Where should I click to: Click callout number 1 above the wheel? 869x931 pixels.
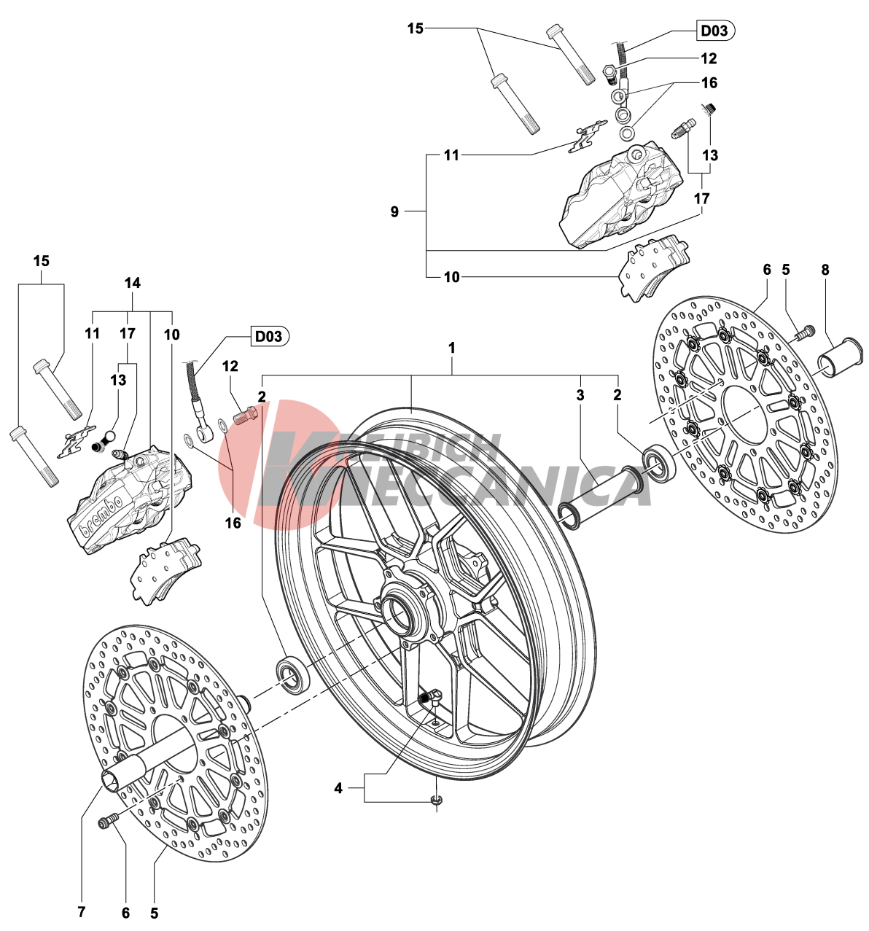452,348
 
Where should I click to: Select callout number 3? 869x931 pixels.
580,396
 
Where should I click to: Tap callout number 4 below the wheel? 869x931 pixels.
338,788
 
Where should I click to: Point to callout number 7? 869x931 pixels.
81,912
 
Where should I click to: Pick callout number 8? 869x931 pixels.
825,270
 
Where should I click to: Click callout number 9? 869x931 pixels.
394,211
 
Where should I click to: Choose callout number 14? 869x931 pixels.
132,283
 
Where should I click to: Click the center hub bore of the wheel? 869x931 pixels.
402,607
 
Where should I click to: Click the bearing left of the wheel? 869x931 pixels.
293,674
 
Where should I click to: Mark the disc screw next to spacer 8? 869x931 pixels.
803,333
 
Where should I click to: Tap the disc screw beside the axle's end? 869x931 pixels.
109,822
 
